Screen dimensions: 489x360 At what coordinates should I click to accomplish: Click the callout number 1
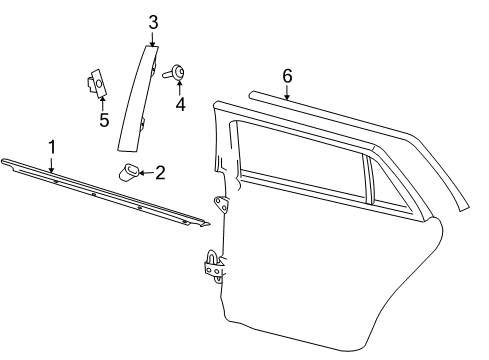coord(52,147)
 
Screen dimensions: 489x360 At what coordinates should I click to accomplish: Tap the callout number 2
coord(160,173)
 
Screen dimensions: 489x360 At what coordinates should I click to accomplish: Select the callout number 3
coord(153,22)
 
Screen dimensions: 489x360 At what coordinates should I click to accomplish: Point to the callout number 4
coord(180,104)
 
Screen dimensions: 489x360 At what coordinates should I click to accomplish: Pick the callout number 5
coord(104,120)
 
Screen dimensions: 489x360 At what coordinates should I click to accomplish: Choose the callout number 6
coord(287,76)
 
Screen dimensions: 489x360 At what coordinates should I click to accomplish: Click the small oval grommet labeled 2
coord(129,172)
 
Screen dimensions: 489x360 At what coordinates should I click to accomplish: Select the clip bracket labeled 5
coord(95,82)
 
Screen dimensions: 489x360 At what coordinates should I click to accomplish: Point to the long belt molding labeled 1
coord(105,193)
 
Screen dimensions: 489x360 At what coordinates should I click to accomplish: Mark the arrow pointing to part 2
coord(146,173)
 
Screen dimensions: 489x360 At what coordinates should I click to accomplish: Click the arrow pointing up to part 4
coord(180,87)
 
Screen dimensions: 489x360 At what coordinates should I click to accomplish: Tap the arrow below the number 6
coord(287,92)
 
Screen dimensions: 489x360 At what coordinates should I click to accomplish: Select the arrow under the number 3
coord(153,39)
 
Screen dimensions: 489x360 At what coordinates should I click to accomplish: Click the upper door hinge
coord(221,204)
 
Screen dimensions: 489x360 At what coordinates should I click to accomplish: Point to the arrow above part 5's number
coord(102,103)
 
